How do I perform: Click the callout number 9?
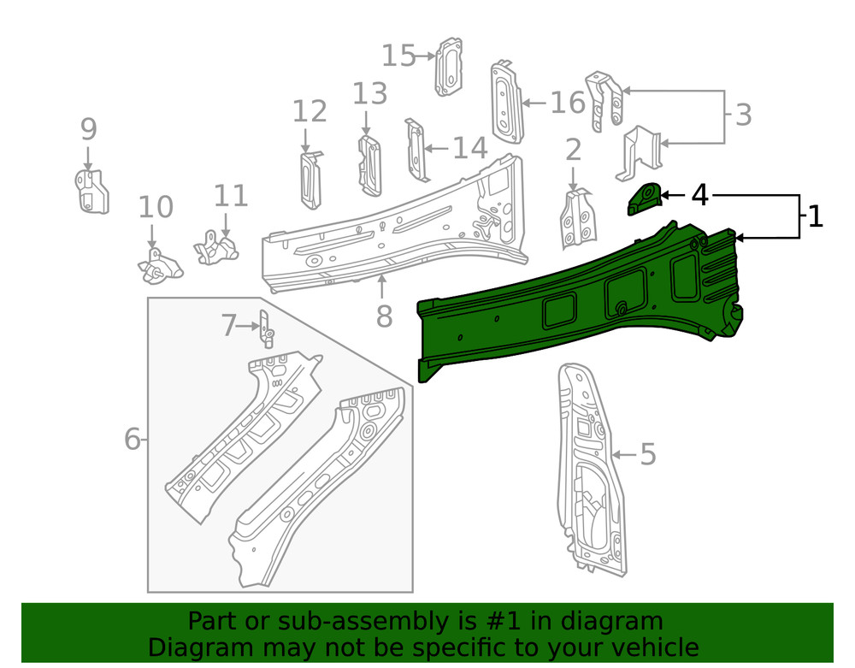[89, 130]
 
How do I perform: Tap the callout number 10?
[156, 207]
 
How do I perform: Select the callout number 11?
[231, 196]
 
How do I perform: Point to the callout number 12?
[310, 111]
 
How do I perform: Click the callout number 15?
[398, 56]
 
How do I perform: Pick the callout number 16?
[568, 103]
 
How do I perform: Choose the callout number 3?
[743, 115]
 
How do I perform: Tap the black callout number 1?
[816, 216]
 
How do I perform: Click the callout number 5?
[647, 455]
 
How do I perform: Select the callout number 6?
[132, 440]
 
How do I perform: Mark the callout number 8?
[384, 316]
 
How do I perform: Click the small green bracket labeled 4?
[644, 200]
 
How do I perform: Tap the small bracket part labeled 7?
[266, 329]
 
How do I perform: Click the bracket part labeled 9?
[91, 192]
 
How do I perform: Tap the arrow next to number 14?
[436, 149]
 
